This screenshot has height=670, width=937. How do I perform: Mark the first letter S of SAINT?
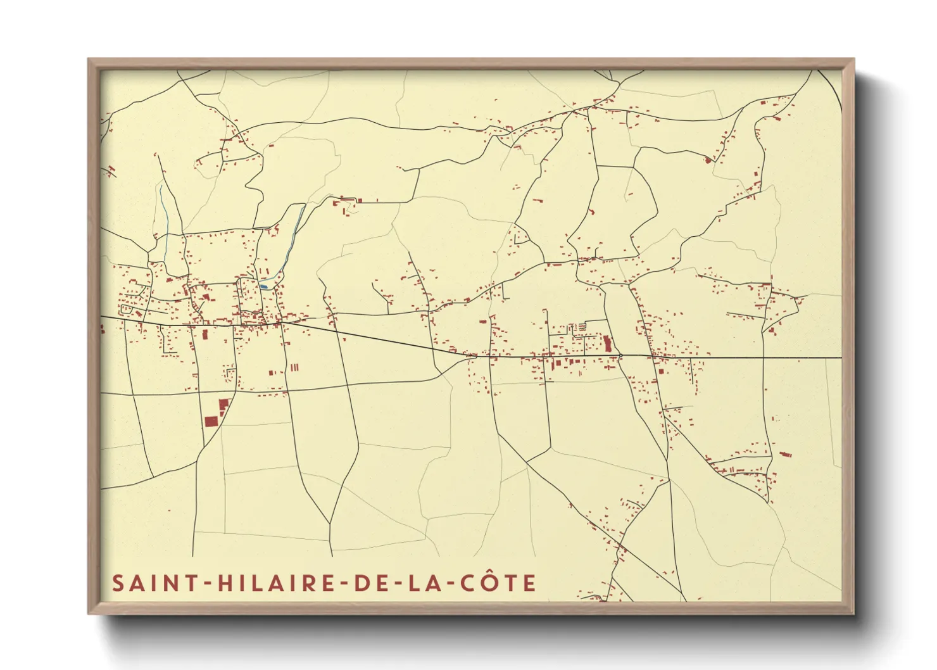[118, 583]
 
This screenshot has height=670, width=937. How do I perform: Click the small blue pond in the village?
[263, 286]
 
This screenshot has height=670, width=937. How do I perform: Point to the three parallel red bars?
[294, 367]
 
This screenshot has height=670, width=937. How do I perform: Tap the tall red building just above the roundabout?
[608, 344]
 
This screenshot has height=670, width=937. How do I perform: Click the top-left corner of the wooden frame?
[88, 59]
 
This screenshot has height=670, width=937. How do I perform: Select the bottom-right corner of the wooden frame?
[854, 614]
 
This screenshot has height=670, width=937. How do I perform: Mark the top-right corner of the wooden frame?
[854, 59]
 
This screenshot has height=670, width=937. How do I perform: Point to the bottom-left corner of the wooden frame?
[88, 614]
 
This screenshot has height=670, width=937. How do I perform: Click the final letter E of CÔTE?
[530, 583]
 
